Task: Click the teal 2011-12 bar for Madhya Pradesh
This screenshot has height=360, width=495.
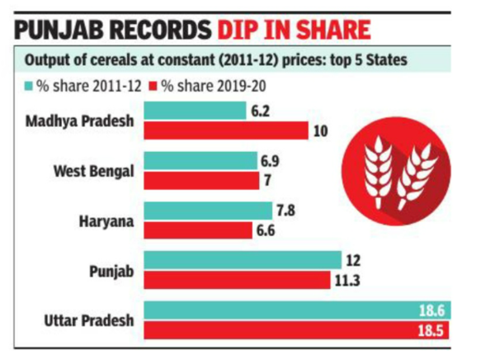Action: tap(195, 111)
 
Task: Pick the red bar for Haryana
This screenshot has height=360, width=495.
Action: tap(198, 230)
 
